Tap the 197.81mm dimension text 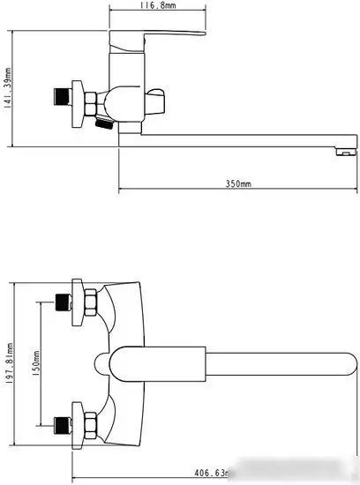[x=8, y=364]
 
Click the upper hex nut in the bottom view [x=87, y=303]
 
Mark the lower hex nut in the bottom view [x=87, y=422]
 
